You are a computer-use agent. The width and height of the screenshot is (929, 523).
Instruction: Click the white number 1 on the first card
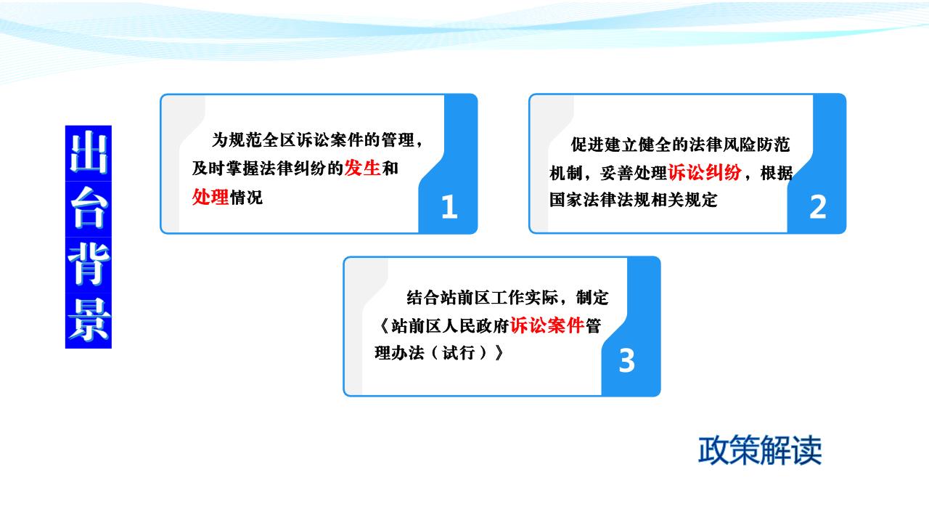point(449,206)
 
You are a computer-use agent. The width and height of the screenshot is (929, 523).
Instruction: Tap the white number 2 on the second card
point(818,207)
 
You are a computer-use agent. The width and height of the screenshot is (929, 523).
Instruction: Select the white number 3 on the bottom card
point(626,360)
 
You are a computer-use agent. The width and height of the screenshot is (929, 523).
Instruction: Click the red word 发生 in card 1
point(362,168)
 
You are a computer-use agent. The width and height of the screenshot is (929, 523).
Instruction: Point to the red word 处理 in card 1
point(210,197)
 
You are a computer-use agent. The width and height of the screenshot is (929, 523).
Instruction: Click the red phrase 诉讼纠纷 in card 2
point(705,172)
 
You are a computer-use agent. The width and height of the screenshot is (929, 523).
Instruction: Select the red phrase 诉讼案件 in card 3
point(547,325)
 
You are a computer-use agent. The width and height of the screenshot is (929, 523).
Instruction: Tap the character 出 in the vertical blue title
point(89,153)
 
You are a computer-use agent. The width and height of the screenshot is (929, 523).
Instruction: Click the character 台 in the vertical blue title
point(89,208)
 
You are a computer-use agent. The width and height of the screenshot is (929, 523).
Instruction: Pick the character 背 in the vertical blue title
point(89,264)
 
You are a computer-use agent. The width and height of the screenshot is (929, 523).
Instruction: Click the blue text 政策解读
point(760,450)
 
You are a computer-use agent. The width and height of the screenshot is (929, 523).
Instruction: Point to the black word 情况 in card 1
point(246,197)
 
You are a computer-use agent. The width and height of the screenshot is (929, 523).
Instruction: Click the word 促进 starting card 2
point(588,145)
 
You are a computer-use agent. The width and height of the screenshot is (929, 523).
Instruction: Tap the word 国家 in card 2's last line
point(566,200)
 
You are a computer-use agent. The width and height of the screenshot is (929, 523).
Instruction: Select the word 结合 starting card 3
point(423,298)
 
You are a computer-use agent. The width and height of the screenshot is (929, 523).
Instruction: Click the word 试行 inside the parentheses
point(458,353)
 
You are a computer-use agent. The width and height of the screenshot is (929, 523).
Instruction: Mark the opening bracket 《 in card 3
point(384,326)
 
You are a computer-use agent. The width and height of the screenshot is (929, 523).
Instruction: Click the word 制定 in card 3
point(592,298)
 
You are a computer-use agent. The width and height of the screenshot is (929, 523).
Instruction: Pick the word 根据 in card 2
point(777,173)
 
